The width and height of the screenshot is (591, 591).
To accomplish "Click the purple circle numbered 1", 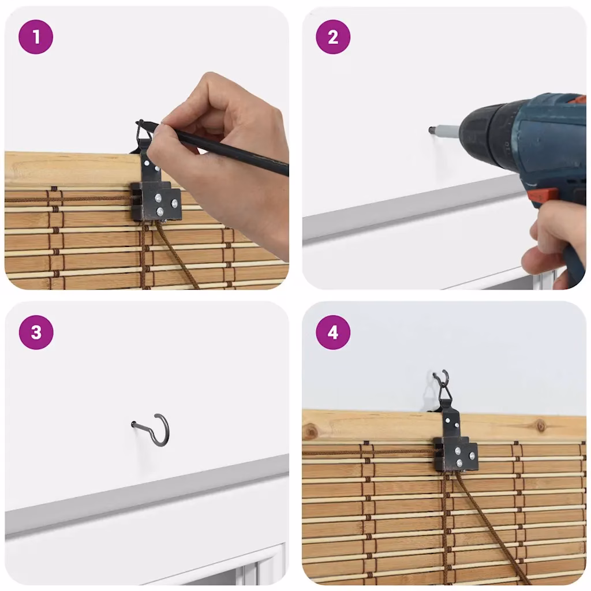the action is coord(36,37).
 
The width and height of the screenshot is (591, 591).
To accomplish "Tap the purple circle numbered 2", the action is coord(333,37).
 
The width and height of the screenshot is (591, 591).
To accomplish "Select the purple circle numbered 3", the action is coord(36,332).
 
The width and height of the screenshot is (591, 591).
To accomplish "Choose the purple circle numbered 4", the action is coord(333,332).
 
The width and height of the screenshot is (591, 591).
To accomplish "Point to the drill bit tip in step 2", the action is coord(431,130).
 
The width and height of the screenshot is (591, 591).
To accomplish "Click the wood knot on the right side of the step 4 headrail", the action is coord(541,427).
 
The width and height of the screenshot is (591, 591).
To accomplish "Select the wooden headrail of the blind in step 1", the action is coord(76,169).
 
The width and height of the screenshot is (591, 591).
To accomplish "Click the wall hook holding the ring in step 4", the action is coord(441,377).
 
